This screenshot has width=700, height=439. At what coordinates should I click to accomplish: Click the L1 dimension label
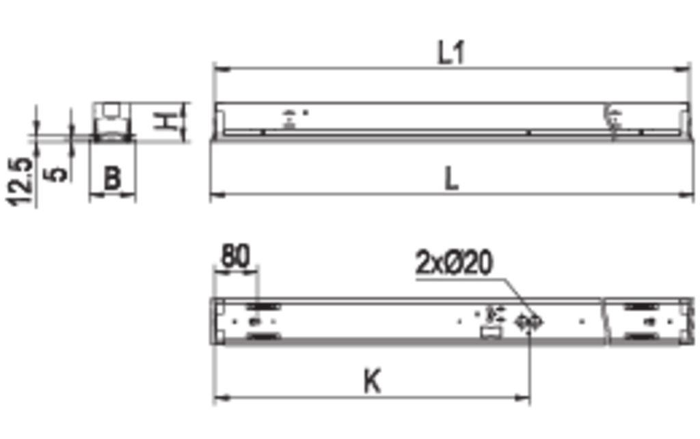[452, 53]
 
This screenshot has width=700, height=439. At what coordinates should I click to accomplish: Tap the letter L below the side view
[452, 179]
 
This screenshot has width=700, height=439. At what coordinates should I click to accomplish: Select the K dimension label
[373, 381]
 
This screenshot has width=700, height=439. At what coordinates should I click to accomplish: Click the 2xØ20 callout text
[455, 262]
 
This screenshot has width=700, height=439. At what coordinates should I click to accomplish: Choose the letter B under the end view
[112, 178]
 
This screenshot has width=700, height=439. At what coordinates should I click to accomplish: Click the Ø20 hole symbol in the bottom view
[529, 322]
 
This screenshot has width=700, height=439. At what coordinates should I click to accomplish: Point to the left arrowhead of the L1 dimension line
[222, 69]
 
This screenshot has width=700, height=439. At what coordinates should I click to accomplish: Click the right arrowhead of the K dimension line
[522, 397]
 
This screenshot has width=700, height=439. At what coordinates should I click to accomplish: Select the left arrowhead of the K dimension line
[222, 397]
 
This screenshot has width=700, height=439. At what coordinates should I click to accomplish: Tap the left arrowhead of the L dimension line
[217, 195]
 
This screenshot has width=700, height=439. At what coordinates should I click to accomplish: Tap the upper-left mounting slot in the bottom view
[263, 307]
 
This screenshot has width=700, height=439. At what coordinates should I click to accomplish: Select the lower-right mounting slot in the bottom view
[642, 336]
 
